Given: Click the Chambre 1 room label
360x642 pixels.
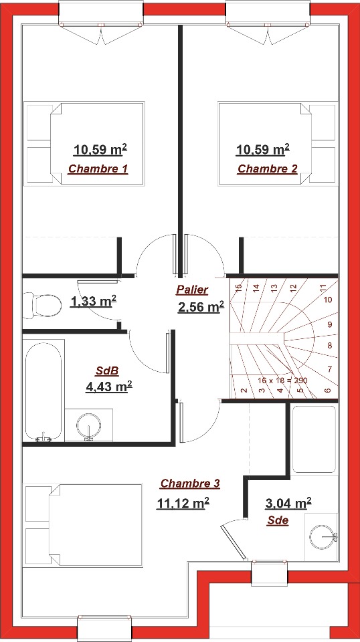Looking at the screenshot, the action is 98,169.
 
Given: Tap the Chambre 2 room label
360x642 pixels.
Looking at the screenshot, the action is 268,169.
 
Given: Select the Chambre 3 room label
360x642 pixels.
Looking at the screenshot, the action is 190,484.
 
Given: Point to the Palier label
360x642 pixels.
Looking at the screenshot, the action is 192,290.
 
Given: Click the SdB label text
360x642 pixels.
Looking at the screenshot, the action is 107,371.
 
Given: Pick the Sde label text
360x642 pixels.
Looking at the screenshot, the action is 278,521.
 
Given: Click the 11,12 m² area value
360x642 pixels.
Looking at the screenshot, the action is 183,503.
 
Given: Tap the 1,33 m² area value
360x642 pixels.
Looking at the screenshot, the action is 94,302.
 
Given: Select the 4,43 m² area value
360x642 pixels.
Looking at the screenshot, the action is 108,386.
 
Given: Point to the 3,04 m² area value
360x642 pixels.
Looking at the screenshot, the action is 288,503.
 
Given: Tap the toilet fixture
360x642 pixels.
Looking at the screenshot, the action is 41,306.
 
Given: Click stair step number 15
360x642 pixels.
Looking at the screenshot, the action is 239,288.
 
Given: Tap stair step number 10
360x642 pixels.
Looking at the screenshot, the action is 328,300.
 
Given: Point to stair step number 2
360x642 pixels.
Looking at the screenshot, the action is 244,390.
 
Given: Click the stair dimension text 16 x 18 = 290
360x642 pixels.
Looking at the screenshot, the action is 282,381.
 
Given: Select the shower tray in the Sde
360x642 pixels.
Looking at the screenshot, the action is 314,439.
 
